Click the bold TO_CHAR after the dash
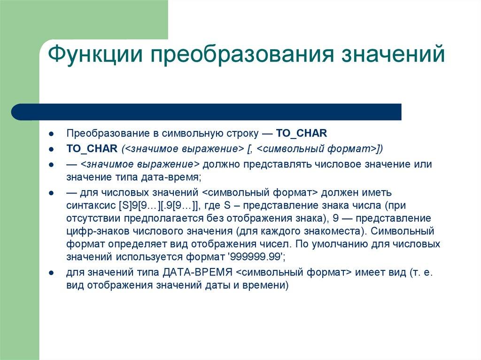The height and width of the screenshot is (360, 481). [x=301, y=133]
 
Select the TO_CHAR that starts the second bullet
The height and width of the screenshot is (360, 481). [x=92, y=149]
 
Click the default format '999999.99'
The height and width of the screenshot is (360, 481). [x=255, y=257]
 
